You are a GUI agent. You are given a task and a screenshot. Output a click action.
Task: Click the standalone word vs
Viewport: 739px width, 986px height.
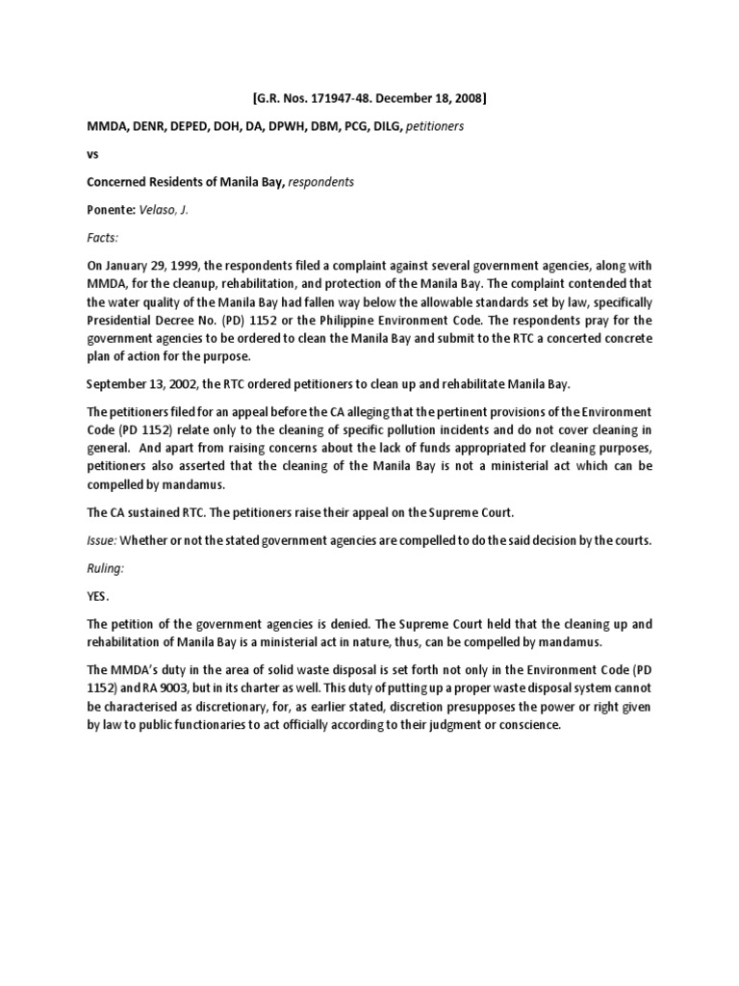(92, 153)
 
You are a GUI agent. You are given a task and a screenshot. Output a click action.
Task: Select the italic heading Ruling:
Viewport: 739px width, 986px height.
(106, 568)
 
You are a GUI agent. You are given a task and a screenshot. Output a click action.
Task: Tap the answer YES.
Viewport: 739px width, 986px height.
(100, 595)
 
